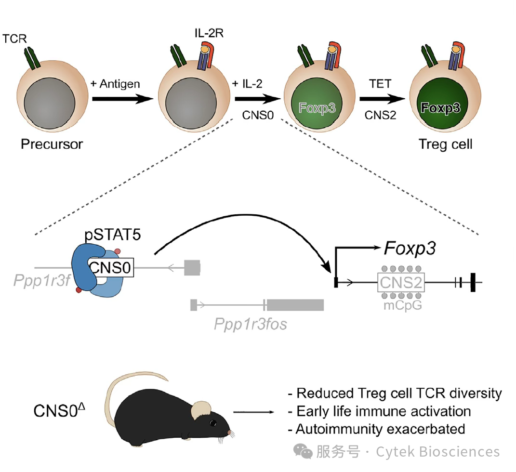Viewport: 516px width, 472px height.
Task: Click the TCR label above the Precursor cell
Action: click(x=14, y=39)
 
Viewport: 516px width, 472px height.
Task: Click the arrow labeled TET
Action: click(x=382, y=99)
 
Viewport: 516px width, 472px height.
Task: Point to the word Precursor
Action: click(x=52, y=144)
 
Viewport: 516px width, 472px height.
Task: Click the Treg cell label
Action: click(x=445, y=144)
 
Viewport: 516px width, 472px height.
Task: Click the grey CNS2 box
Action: click(x=401, y=282)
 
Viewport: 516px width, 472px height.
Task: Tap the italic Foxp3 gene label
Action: click(x=410, y=249)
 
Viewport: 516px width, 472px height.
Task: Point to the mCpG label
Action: click(x=401, y=305)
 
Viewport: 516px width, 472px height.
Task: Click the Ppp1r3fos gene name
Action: click(x=251, y=324)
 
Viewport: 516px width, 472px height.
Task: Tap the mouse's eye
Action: click(x=212, y=423)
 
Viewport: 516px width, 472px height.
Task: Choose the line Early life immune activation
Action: click(x=384, y=411)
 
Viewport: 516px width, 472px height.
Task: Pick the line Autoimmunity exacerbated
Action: click(x=380, y=428)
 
